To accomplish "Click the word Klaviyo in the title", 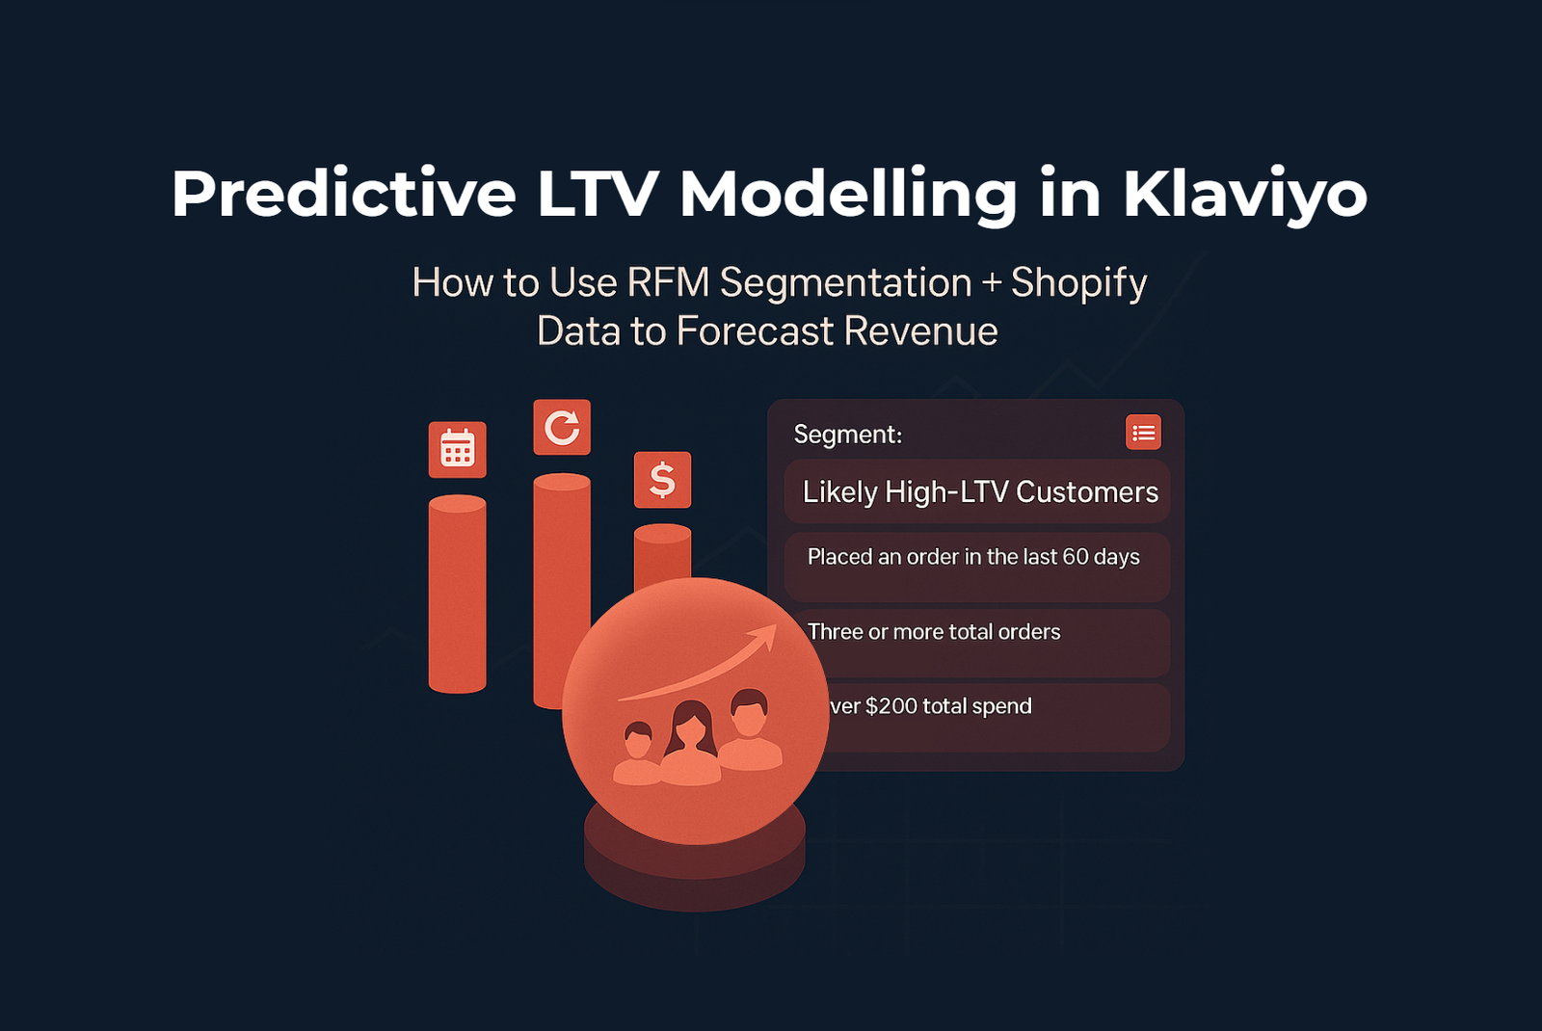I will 1244,195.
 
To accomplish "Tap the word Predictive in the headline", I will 343,195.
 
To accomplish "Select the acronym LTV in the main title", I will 596,195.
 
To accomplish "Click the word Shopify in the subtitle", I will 1078,283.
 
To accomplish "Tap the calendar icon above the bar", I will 457,450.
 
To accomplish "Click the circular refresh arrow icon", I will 562,427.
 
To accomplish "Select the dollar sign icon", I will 662,480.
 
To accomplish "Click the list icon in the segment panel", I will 1143,433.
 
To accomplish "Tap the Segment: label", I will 847,435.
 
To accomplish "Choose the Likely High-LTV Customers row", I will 979,492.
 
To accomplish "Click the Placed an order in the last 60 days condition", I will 973,558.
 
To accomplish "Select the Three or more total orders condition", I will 934,632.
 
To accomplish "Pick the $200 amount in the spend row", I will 891,706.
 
